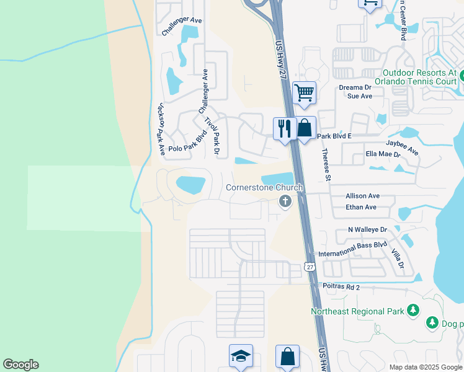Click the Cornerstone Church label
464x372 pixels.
point(264,188)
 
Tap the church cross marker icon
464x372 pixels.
point(285,201)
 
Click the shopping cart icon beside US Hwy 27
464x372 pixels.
point(304,93)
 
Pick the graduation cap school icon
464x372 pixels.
point(241,356)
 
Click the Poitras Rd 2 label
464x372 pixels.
point(342,288)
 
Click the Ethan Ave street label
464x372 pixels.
point(362,207)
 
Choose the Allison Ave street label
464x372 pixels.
point(363,196)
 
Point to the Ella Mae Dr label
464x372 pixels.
point(383,154)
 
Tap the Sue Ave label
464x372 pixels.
point(360,96)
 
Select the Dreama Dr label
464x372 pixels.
point(355,87)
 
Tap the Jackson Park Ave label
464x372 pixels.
point(160,128)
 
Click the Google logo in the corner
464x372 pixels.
point(20,365)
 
